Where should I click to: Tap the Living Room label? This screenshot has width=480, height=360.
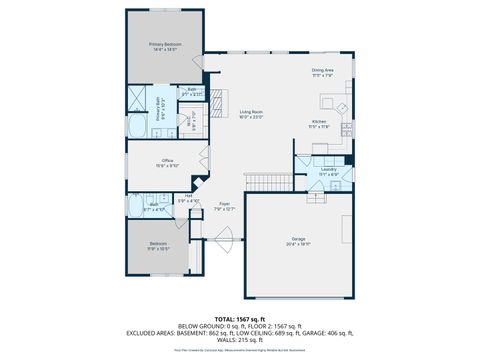[x=251, y=113]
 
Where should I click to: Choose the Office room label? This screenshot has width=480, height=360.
[x=168, y=163]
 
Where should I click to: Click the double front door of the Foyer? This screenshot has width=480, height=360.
[x=225, y=240]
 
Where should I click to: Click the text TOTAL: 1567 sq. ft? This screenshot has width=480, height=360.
[x=240, y=318]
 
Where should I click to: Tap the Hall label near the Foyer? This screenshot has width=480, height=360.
[x=188, y=198]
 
